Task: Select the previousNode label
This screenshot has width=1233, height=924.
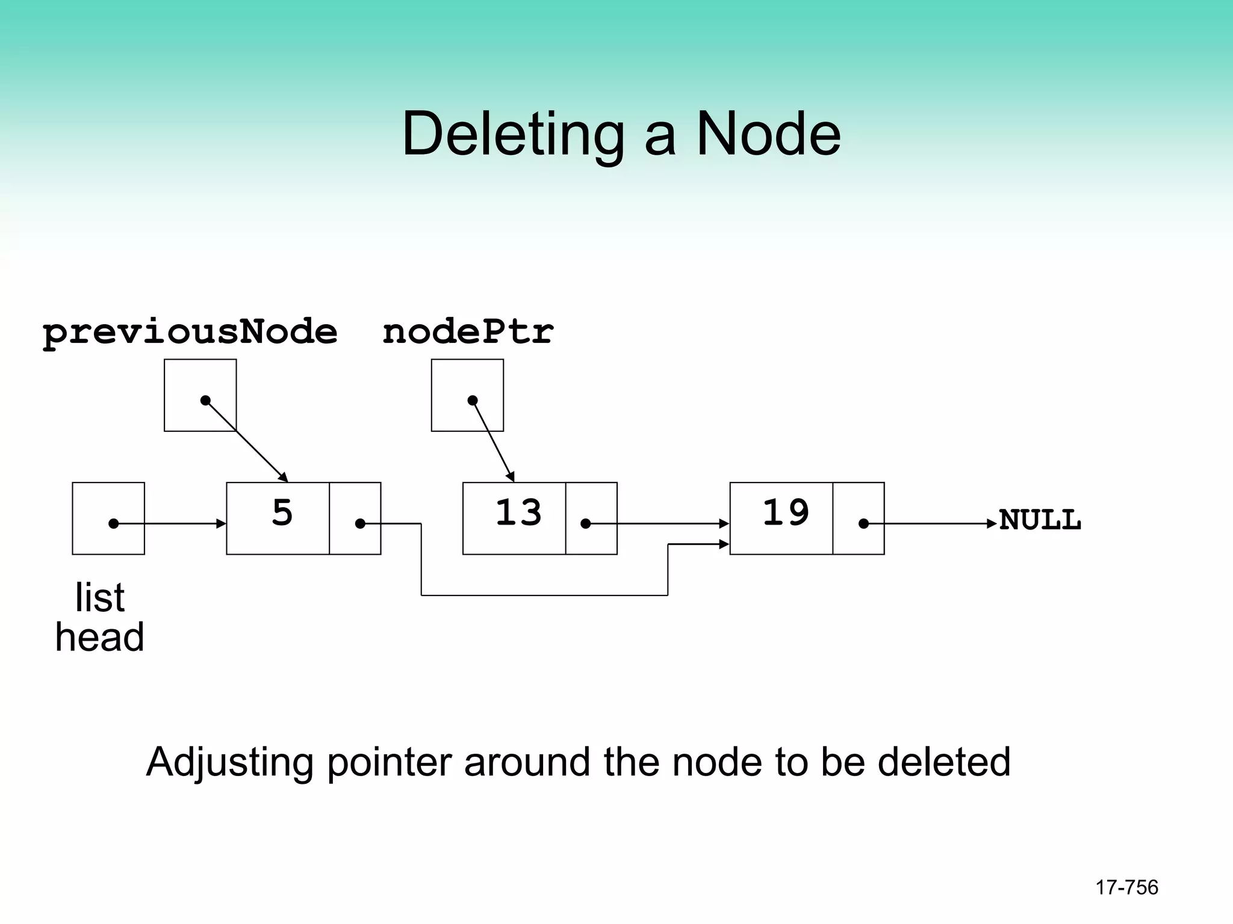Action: coord(190,332)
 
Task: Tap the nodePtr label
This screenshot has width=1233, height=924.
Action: coord(468,332)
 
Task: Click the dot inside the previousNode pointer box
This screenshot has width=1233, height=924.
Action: coord(205,400)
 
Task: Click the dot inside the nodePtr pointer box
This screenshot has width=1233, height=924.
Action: coord(473,400)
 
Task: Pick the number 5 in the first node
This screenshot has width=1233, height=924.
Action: coord(282,513)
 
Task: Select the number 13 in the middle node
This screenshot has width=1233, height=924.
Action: coord(518,513)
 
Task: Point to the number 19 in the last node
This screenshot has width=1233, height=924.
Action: coord(786,513)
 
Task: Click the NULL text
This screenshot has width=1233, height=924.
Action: coord(1040,520)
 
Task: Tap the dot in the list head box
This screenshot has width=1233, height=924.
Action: coord(113,524)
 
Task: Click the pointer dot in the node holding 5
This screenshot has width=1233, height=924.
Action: coord(360,524)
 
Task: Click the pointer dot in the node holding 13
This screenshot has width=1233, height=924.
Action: coord(585,524)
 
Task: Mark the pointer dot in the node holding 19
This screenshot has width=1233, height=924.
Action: coord(863,524)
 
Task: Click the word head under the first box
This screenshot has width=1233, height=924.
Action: coord(99,638)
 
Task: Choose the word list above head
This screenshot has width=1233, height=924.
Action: coord(99,598)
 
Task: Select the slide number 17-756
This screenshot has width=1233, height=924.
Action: coord(1126,887)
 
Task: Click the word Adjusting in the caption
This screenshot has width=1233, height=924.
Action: coord(229,763)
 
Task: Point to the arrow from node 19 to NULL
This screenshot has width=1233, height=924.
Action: coord(933,524)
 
